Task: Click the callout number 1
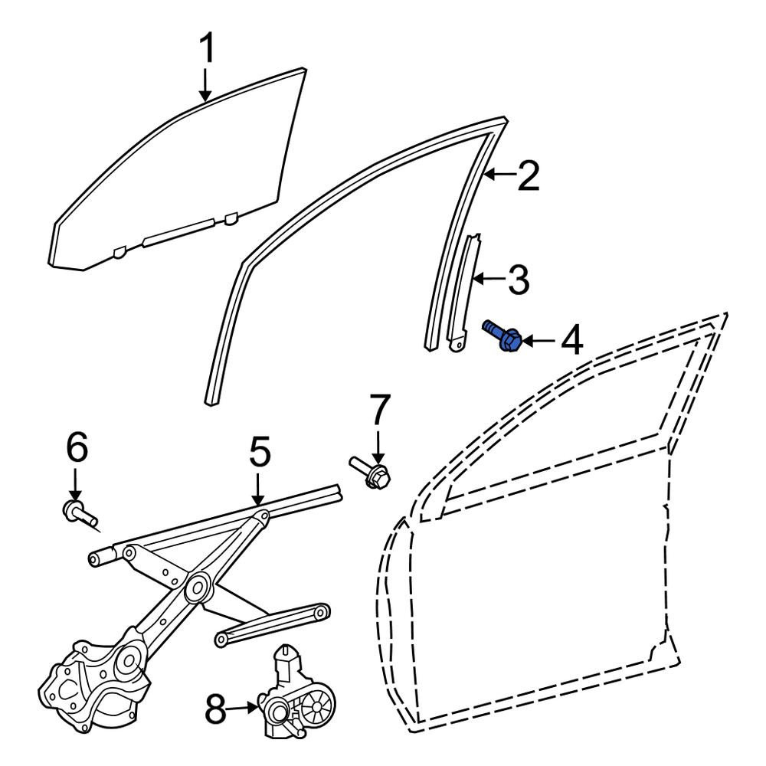(x=208, y=49)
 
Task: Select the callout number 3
(x=519, y=280)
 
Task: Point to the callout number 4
(x=571, y=340)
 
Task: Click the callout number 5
(x=260, y=452)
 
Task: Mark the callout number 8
(x=216, y=709)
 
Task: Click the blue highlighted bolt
(x=502, y=335)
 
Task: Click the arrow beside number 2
(x=500, y=174)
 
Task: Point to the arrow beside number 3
(x=490, y=279)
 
